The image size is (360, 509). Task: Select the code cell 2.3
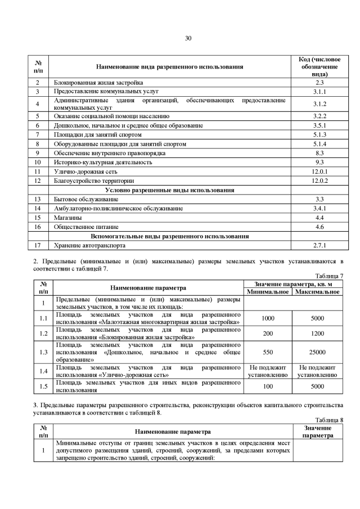(x=319, y=83)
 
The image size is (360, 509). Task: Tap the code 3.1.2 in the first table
(x=319, y=104)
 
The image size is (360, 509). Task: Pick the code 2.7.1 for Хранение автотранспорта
(x=319, y=245)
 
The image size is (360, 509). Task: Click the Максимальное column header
(x=317, y=291)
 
